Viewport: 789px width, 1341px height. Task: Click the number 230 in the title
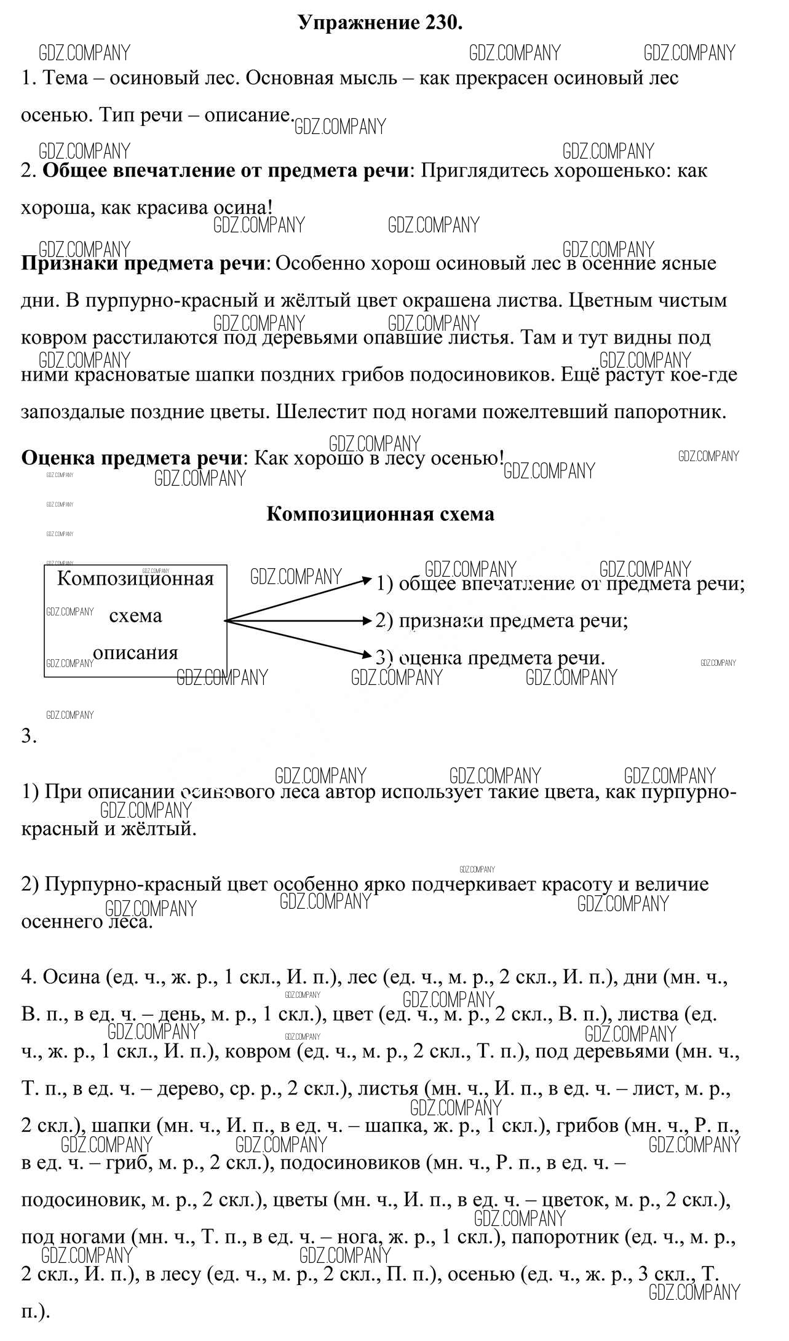[x=440, y=23]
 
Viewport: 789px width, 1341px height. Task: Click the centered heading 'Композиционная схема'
[x=380, y=514]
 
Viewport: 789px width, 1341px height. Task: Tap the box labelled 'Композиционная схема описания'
[x=135, y=620]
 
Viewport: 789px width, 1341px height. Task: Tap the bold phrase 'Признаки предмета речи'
[x=145, y=264]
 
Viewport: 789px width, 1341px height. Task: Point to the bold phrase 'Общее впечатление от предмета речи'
[x=225, y=171]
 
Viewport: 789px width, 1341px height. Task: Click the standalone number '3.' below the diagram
[x=29, y=736]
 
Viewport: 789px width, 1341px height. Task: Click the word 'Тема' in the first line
[x=66, y=79]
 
